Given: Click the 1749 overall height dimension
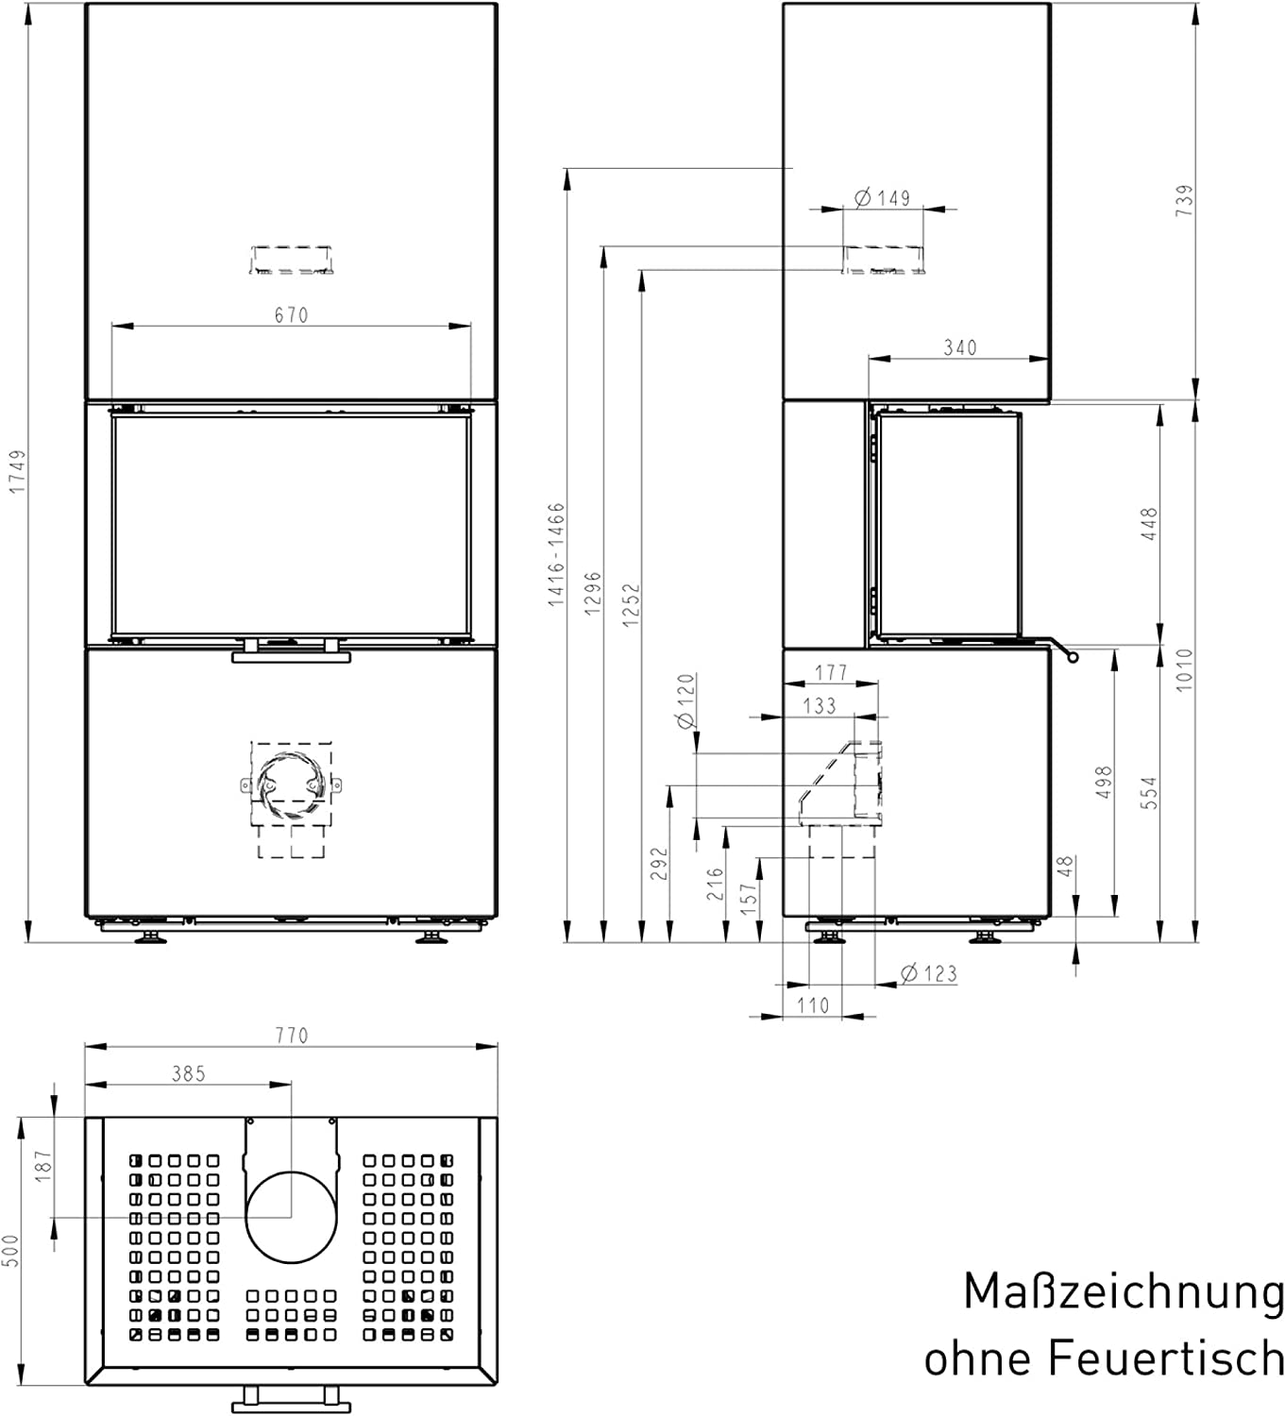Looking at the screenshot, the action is [17, 471].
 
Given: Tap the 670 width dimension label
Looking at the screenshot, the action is [292, 314].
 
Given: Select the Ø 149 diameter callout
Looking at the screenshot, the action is [882, 197].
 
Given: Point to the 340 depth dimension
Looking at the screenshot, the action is [960, 347].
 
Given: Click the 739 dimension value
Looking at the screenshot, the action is [1185, 200].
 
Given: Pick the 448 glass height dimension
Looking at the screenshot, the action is [1149, 524].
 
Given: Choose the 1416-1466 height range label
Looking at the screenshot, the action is [556, 554].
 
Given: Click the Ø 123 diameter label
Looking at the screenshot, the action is [929, 974].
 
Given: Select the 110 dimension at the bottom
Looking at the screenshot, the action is [813, 1005].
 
